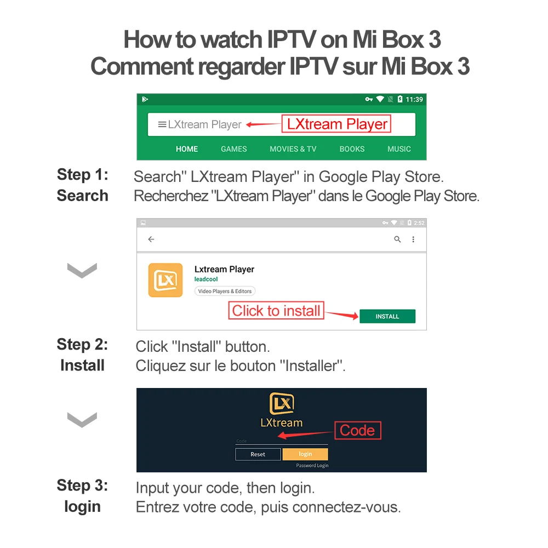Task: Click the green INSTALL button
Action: [x=387, y=316]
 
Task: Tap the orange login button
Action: [x=305, y=454]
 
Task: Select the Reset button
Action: [x=258, y=454]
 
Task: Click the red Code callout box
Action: [x=357, y=430]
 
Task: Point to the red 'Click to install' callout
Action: [x=276, y=311]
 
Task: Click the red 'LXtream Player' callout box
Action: [x=336, y=124]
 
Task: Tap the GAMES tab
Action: [x=234, y=149]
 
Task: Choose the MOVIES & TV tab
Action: [x=293, y=149]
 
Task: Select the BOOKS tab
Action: [x=352, y=149]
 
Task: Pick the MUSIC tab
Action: [x=399, y=149]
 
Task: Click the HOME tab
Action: [x=187, y=149]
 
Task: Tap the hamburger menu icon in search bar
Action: [x=162, y=124]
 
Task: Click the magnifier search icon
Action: [x=398, y=239]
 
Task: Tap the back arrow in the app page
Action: [x=151, y=239]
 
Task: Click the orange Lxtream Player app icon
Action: [x=165, y=280]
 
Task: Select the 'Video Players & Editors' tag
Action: [x=225, y=291]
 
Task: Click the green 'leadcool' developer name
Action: [x=206, y=279]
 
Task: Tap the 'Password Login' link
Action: [x=312, y=465]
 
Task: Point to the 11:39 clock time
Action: [x=414, y=99]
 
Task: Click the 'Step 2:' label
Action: [x=82, y=345]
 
